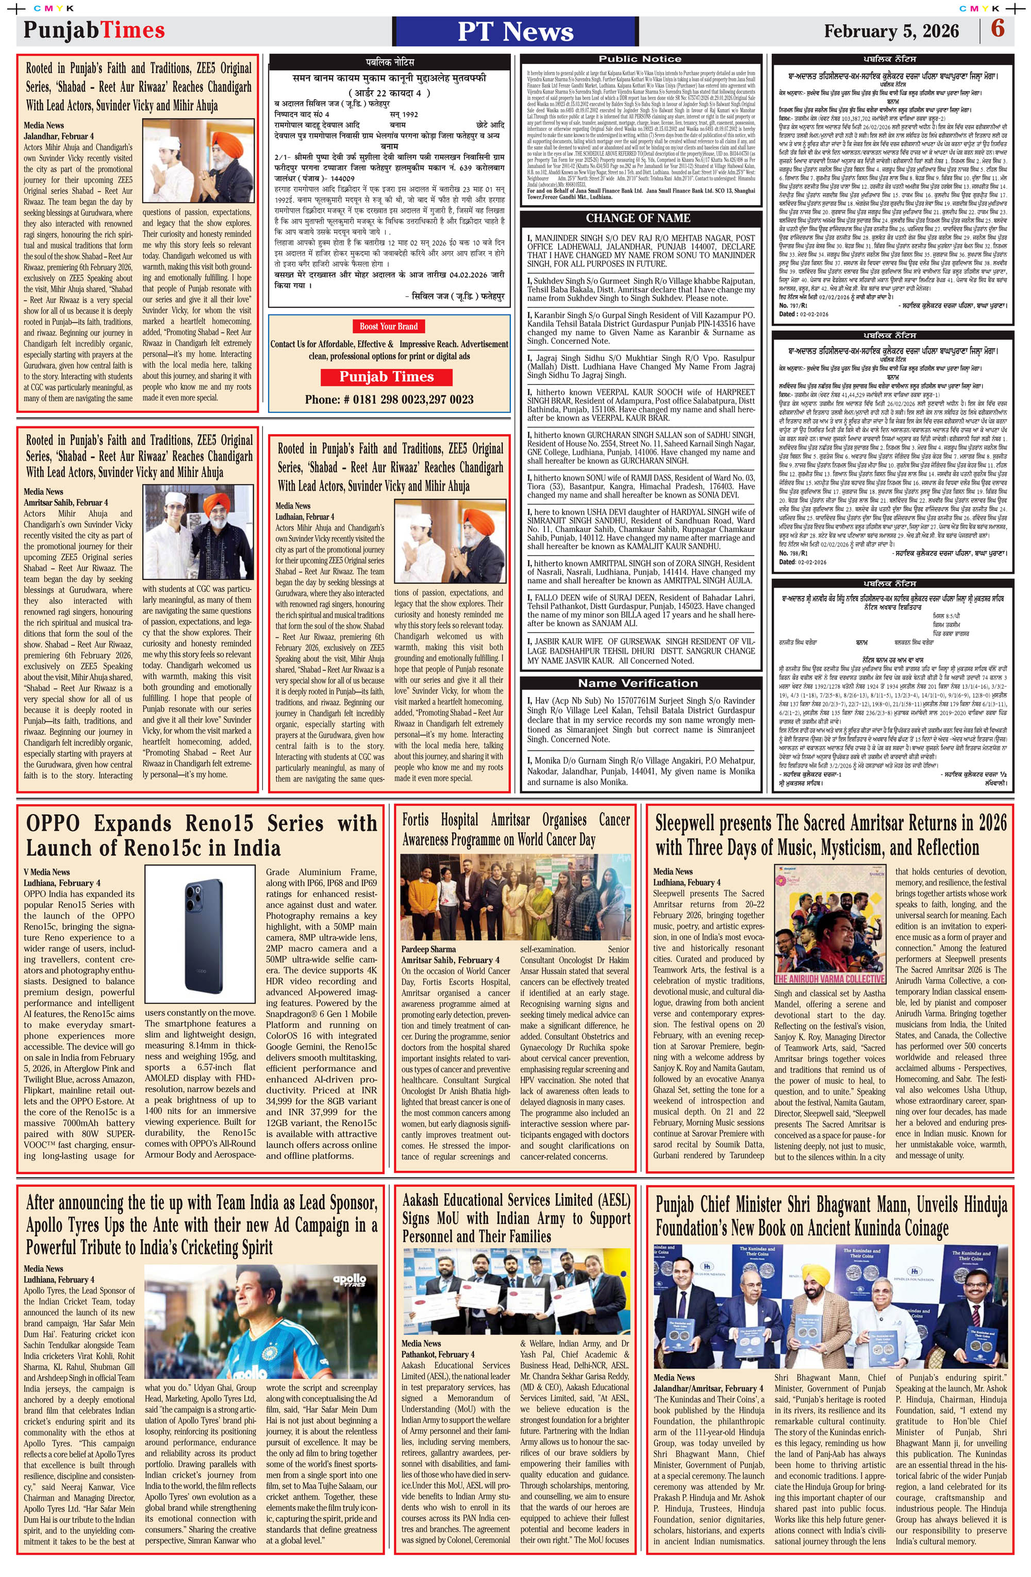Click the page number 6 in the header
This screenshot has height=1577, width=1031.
click(997, 29)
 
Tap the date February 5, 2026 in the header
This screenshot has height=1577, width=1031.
click(891, 31)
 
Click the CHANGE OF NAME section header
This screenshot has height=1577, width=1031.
click(638, 218)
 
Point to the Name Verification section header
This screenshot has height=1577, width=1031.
click(638, 683)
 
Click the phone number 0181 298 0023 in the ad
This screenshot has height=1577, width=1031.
click(389, 400)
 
